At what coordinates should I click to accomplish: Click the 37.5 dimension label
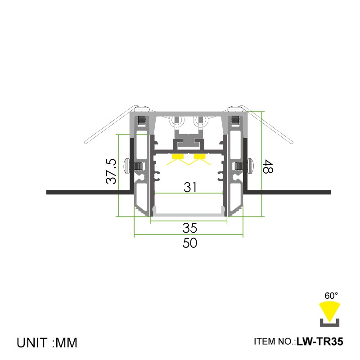pyautogui.click(x=111, y=171)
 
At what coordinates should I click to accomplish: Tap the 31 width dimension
pyautogui.click(x=190, y=187)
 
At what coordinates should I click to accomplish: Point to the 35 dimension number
pyautogui.click(x=190, y=228)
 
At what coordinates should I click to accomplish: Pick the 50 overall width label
pyautogui.click(x=190, y=243)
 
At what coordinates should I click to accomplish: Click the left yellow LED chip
pyautogui.click(x=178, y=157)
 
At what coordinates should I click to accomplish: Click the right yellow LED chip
pyautogui.click(x=199, y=157)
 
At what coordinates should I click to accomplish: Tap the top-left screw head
pyautogui.click(x=141, y=108)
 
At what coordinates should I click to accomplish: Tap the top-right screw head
pyautogui.click(x=235, y=108)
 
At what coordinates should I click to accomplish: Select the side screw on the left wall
pyautogui.click(x=129, y=166)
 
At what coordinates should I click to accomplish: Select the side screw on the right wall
pyautogui.click(x=249, y=166)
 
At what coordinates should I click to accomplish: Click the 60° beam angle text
pyautogui.click(x=331, y=296)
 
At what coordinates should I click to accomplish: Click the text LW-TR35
pyautogui.click(x=320, y=342)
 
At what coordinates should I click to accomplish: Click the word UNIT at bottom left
pyautogui.click(x=33, y=342)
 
